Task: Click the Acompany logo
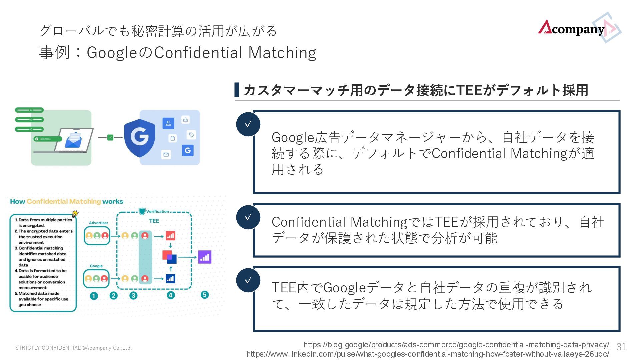[x=578, y=29]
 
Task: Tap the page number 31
[x=621, y=347]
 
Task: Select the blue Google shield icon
[x=139, y=137]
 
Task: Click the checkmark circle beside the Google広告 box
[x=248, y=124]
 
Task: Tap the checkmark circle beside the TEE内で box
[x=248, y=280]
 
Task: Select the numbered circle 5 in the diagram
[x=205, y=295]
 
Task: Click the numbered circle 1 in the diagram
[x=94, y=296]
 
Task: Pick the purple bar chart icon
[x=205, y=257]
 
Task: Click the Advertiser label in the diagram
[x=98, y=223]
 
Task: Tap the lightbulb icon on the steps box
[x=75, y=214]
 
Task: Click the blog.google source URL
[x=456, y=345]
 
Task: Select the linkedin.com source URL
[x=428, y=354]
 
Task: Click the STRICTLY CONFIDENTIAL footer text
[x=74, y=348]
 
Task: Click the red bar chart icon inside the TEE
[x=170, y=236]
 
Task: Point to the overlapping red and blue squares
[x=169, y=257]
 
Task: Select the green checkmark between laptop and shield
[x=110, y=137]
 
